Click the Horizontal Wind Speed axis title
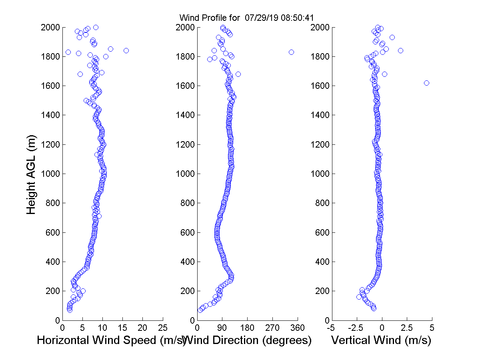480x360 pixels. [x=111, y=340]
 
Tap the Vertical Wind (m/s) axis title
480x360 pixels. [x=381, y=340]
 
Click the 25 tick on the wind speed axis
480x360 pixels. [x=163, y=328]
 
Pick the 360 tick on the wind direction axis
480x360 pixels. [x=298, y=328]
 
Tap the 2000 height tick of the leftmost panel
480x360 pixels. [x=50, y=28]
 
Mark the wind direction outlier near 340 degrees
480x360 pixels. [x=291, y=52]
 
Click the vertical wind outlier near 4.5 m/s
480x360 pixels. [x=426, y=83]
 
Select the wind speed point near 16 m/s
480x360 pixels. [x=126, y=50]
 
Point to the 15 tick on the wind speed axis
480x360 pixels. [x=122, y=328]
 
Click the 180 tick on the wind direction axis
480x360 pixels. [x=247, y=328]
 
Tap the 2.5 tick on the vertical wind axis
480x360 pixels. [x=407, y=328]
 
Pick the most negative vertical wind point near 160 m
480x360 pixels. [x=359, y=297]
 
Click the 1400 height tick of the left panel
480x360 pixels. [x=50, y=115]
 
